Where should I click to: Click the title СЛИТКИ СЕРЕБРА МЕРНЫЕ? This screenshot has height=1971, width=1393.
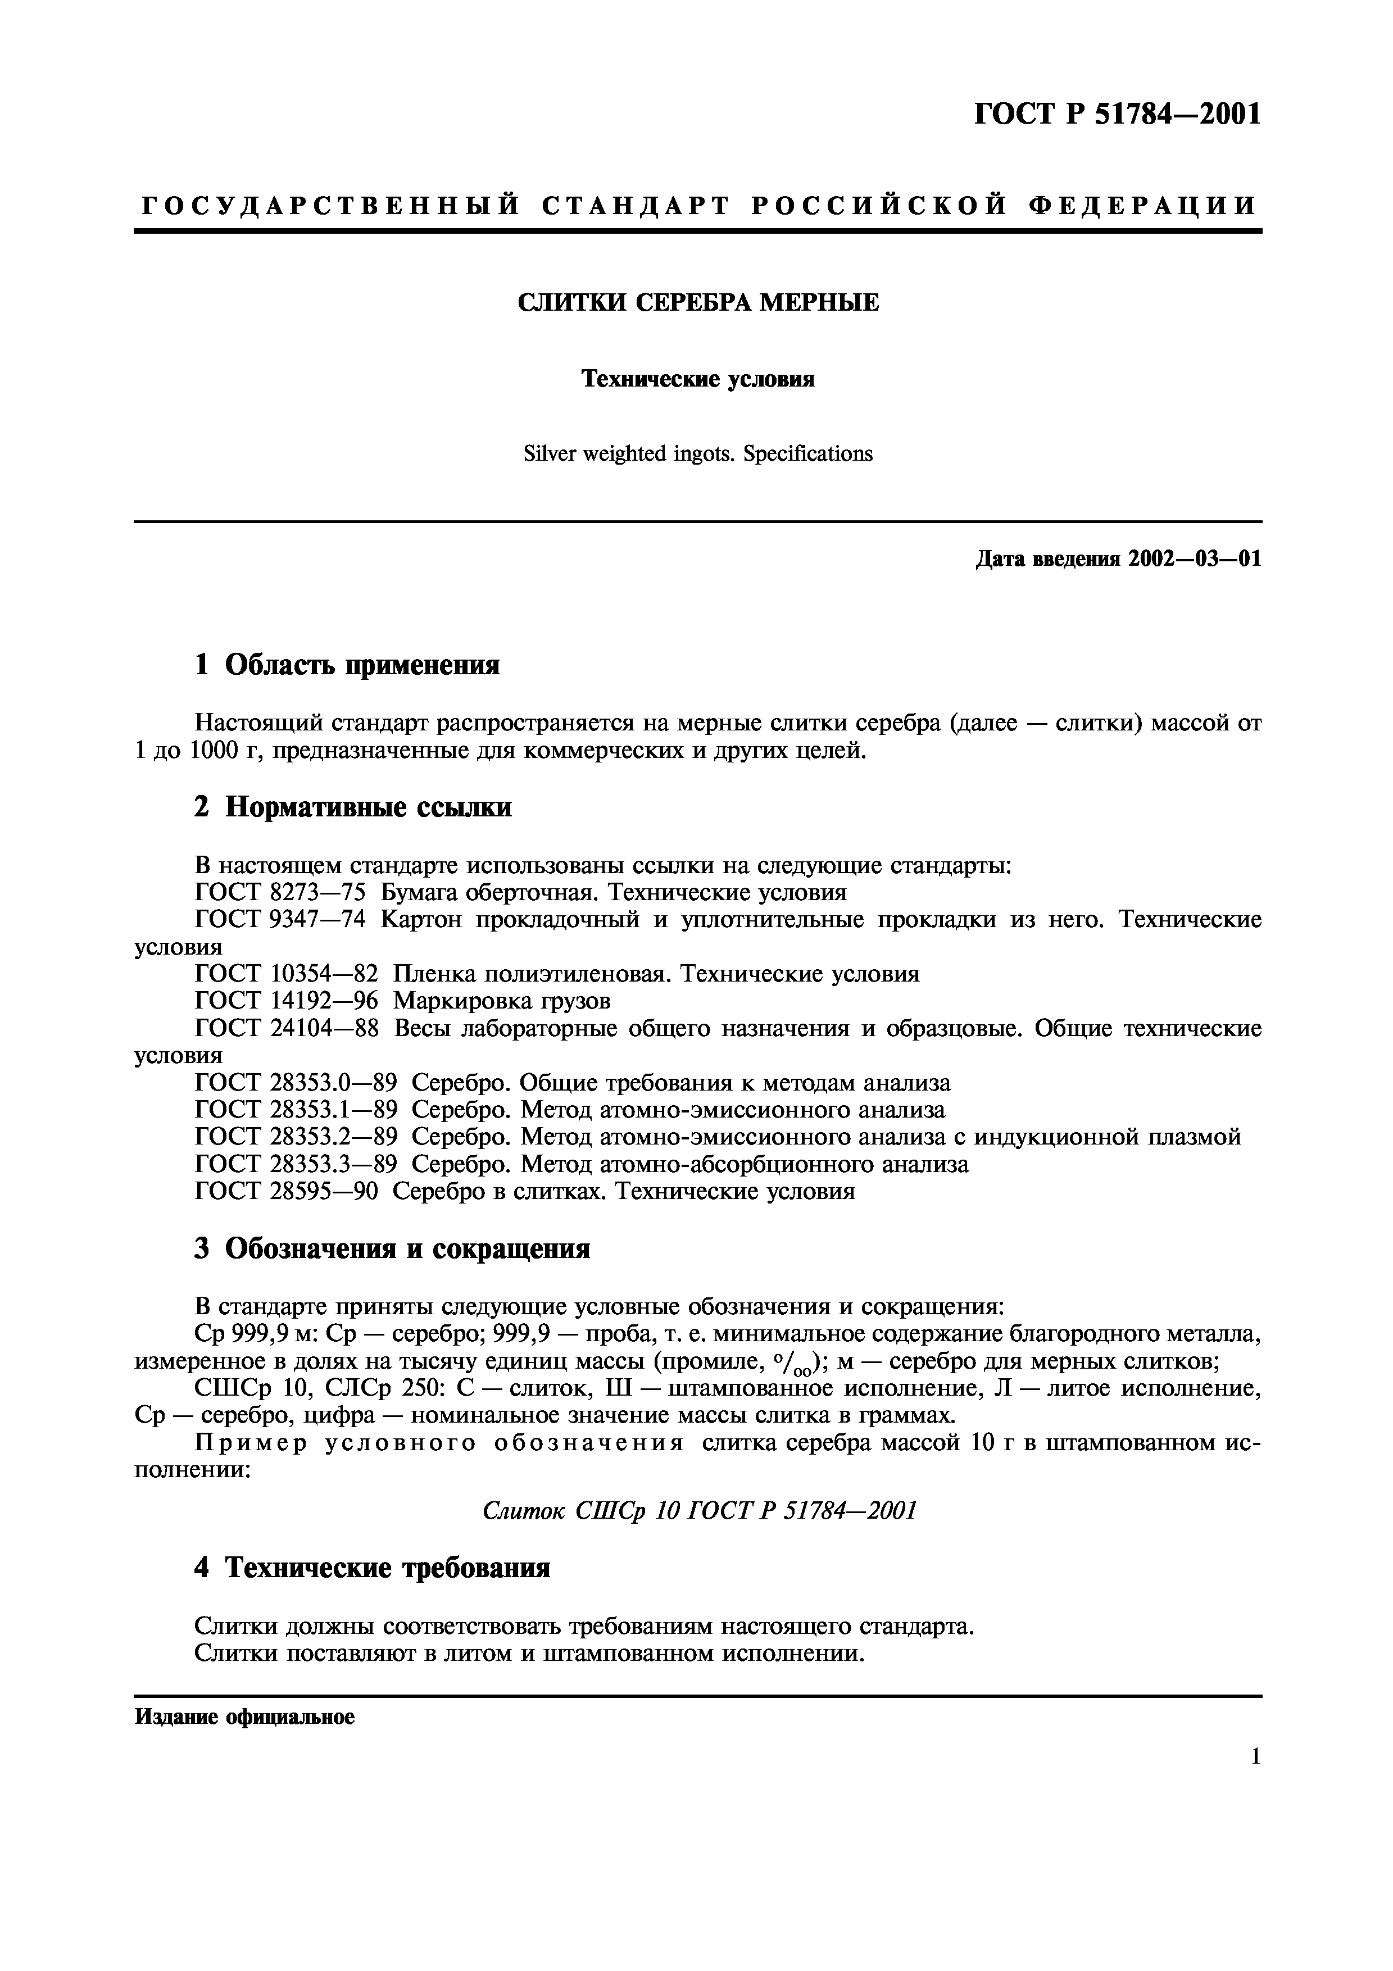pos(698,303)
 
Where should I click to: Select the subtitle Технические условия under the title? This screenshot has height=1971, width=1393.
pos(698,379)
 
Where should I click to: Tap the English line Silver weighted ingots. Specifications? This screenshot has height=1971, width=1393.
pos(698,454)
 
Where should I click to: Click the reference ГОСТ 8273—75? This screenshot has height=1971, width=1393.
pos(280,893)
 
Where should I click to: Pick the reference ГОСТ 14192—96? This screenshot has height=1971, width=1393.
pos(287,1001)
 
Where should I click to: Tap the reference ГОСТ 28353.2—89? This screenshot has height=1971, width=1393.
pos(296,1137)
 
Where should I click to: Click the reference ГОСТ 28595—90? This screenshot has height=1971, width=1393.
pos(287,1192)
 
